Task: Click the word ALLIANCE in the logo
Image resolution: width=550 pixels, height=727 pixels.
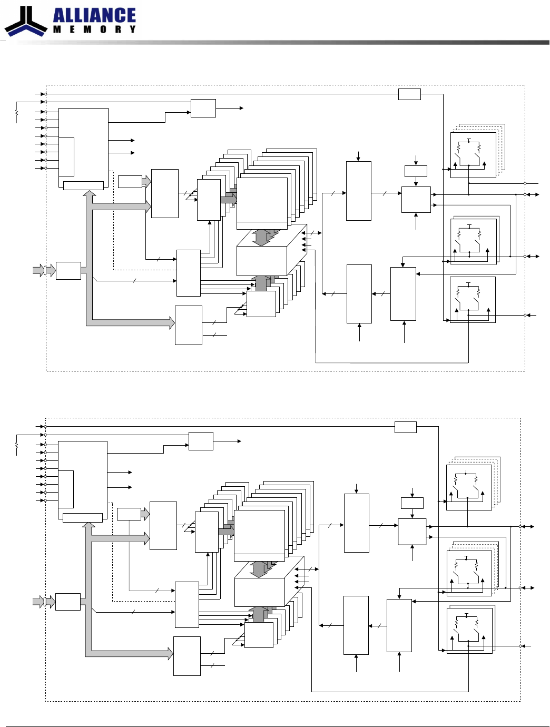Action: (94, 15)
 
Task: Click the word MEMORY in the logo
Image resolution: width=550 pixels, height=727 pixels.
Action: (94, 29)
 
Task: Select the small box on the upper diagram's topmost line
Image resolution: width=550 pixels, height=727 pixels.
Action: (409, 94)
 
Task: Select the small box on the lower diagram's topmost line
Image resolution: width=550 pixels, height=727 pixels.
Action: (405, 427)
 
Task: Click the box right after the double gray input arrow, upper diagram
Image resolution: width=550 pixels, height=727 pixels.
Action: (68, 271)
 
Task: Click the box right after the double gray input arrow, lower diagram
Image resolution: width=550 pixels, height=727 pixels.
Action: (68, 602)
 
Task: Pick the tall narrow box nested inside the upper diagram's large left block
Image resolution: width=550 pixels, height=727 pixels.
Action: (66, 156)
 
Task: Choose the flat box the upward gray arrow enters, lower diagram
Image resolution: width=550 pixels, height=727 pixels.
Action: (83, 517)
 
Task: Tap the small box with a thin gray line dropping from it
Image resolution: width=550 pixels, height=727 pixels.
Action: (129, 514)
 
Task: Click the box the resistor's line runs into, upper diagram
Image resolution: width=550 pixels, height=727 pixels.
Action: (203, 108)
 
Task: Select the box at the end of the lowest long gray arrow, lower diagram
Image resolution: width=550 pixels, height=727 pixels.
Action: (186, 656)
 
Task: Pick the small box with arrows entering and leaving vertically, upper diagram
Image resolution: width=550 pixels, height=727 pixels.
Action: (416, 171)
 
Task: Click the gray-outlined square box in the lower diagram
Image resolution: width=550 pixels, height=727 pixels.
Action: (412, 532)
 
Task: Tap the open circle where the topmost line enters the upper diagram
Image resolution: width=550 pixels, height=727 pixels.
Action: (46, 94)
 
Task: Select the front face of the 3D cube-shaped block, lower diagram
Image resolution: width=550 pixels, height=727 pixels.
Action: (260, 592)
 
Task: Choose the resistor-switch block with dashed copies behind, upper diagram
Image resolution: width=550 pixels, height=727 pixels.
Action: (473, 155)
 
